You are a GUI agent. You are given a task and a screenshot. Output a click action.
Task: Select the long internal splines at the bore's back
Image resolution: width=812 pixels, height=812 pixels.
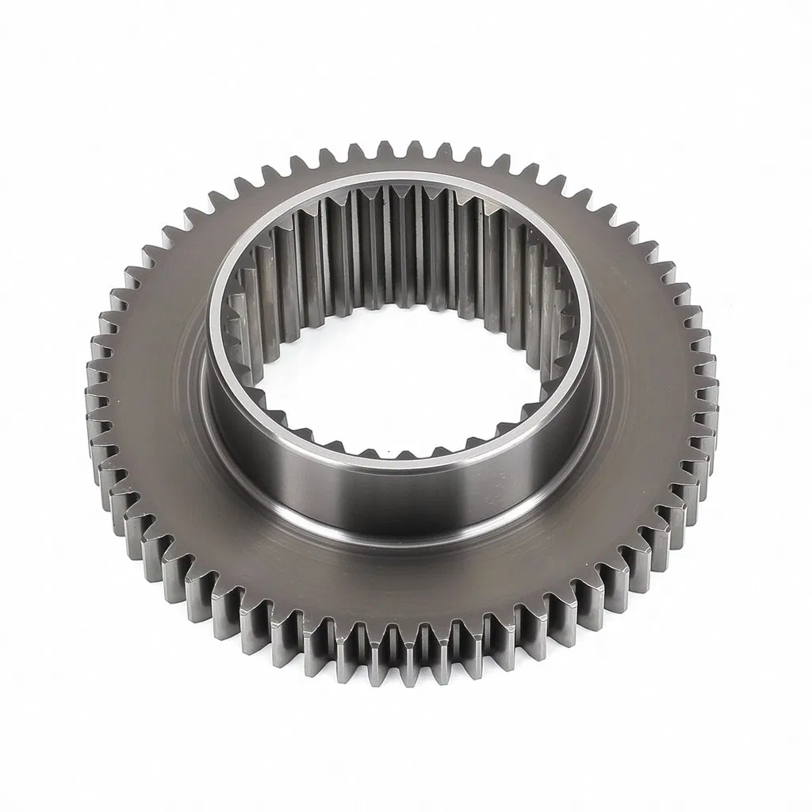coord(396,238)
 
